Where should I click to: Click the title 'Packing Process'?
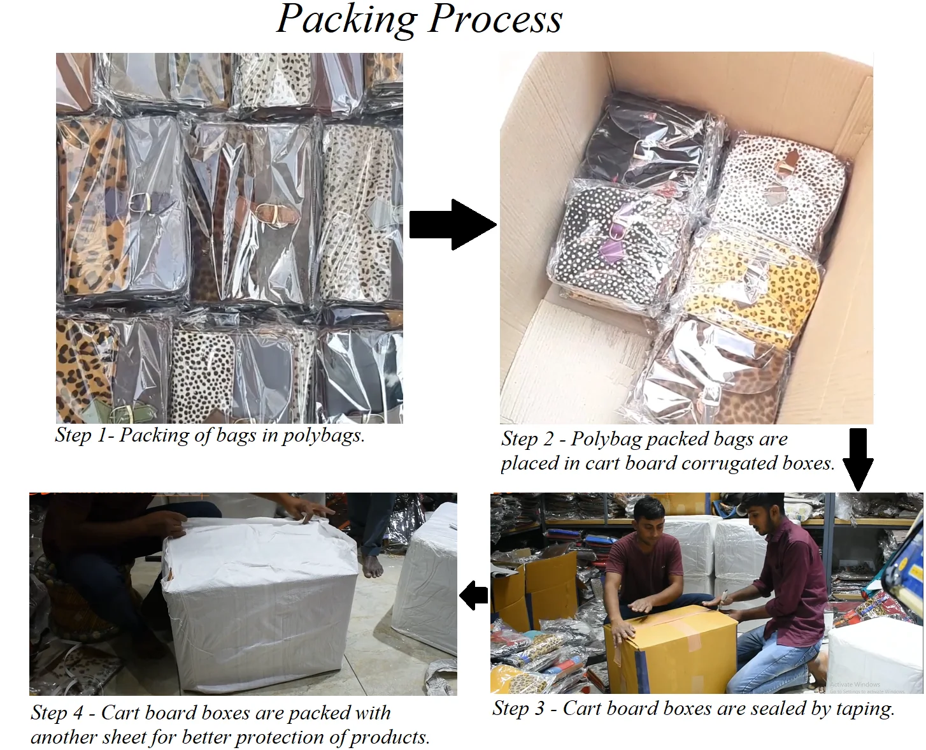pos(419,19)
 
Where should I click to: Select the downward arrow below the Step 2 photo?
pos(858,458)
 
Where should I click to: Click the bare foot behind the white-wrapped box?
pos(373,564)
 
